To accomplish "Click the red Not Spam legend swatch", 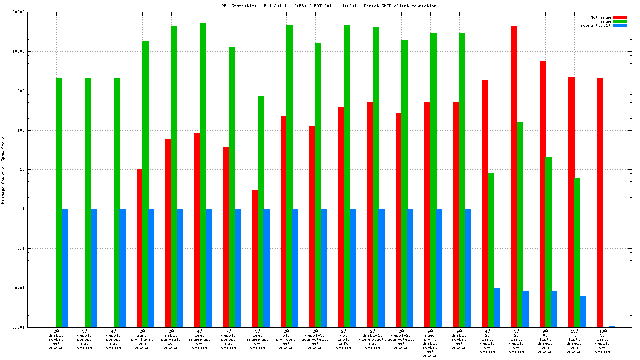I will (x=620, y=17).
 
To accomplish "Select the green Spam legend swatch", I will (x=620, y=21).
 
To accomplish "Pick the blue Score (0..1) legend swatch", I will (x=620, y=25).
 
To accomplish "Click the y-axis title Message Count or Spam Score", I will (x=4, y=170).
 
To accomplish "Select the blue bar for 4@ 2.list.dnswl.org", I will (x=497, y=308).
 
